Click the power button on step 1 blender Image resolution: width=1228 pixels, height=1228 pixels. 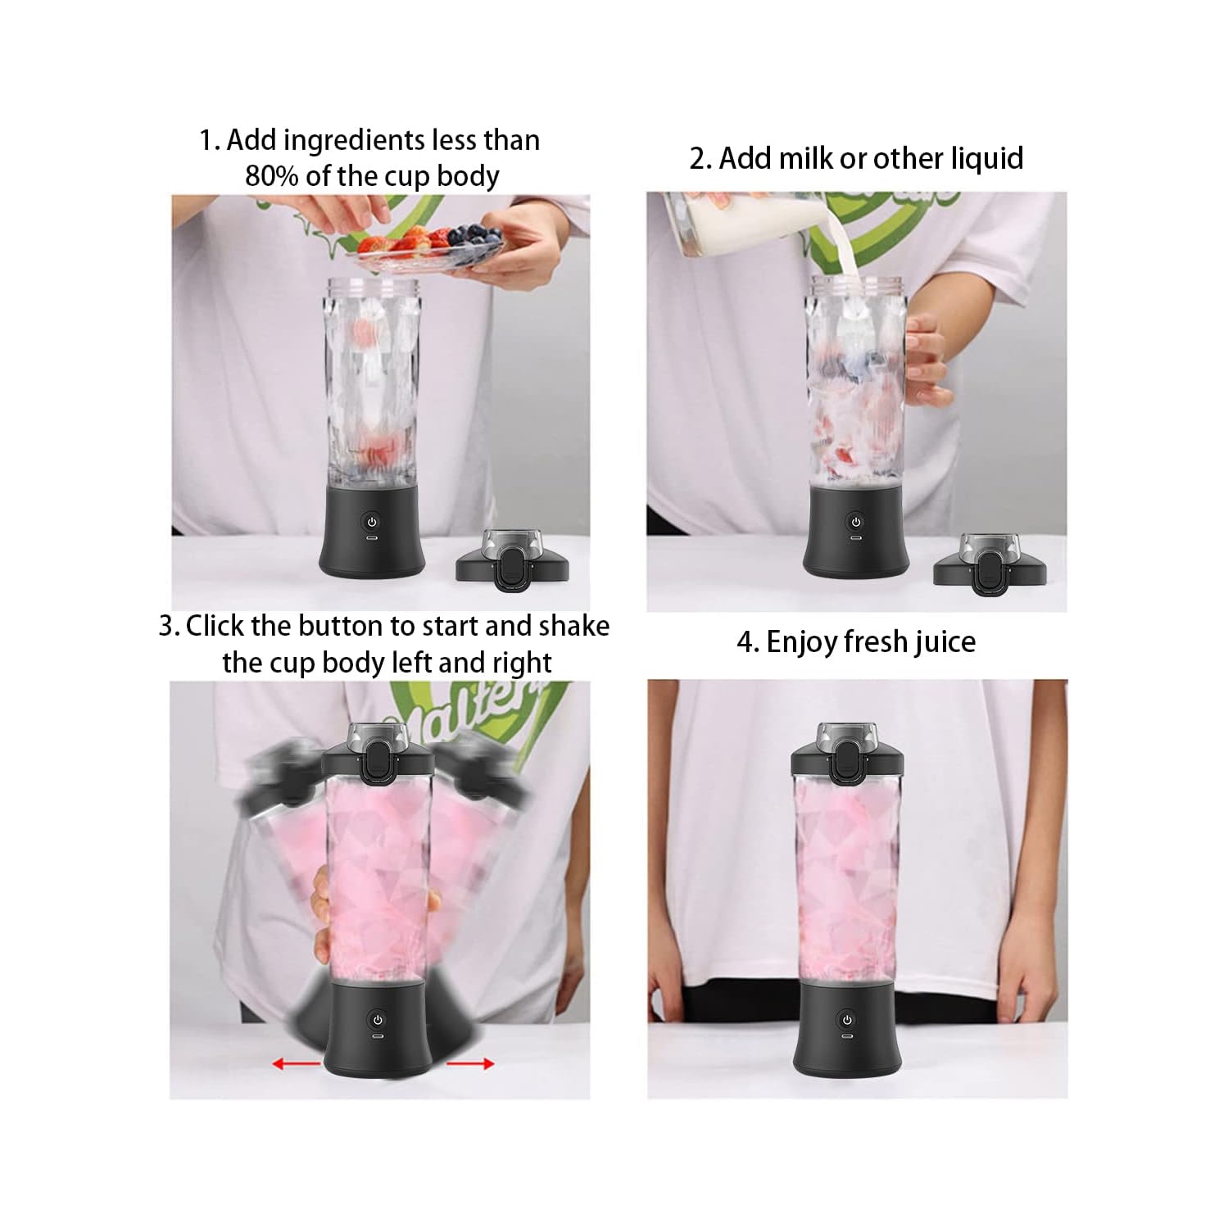coord(372,522)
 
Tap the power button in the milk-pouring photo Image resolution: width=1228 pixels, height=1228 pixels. coord(856,522)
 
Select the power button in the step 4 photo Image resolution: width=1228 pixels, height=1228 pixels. coord(847,1020)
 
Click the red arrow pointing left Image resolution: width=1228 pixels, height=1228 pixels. coord(296,1064)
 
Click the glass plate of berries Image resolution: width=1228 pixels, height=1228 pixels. coord(426,246)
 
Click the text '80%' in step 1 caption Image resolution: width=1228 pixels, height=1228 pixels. coord(272,176)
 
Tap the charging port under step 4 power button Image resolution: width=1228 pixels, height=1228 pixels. coord(847,1037)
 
